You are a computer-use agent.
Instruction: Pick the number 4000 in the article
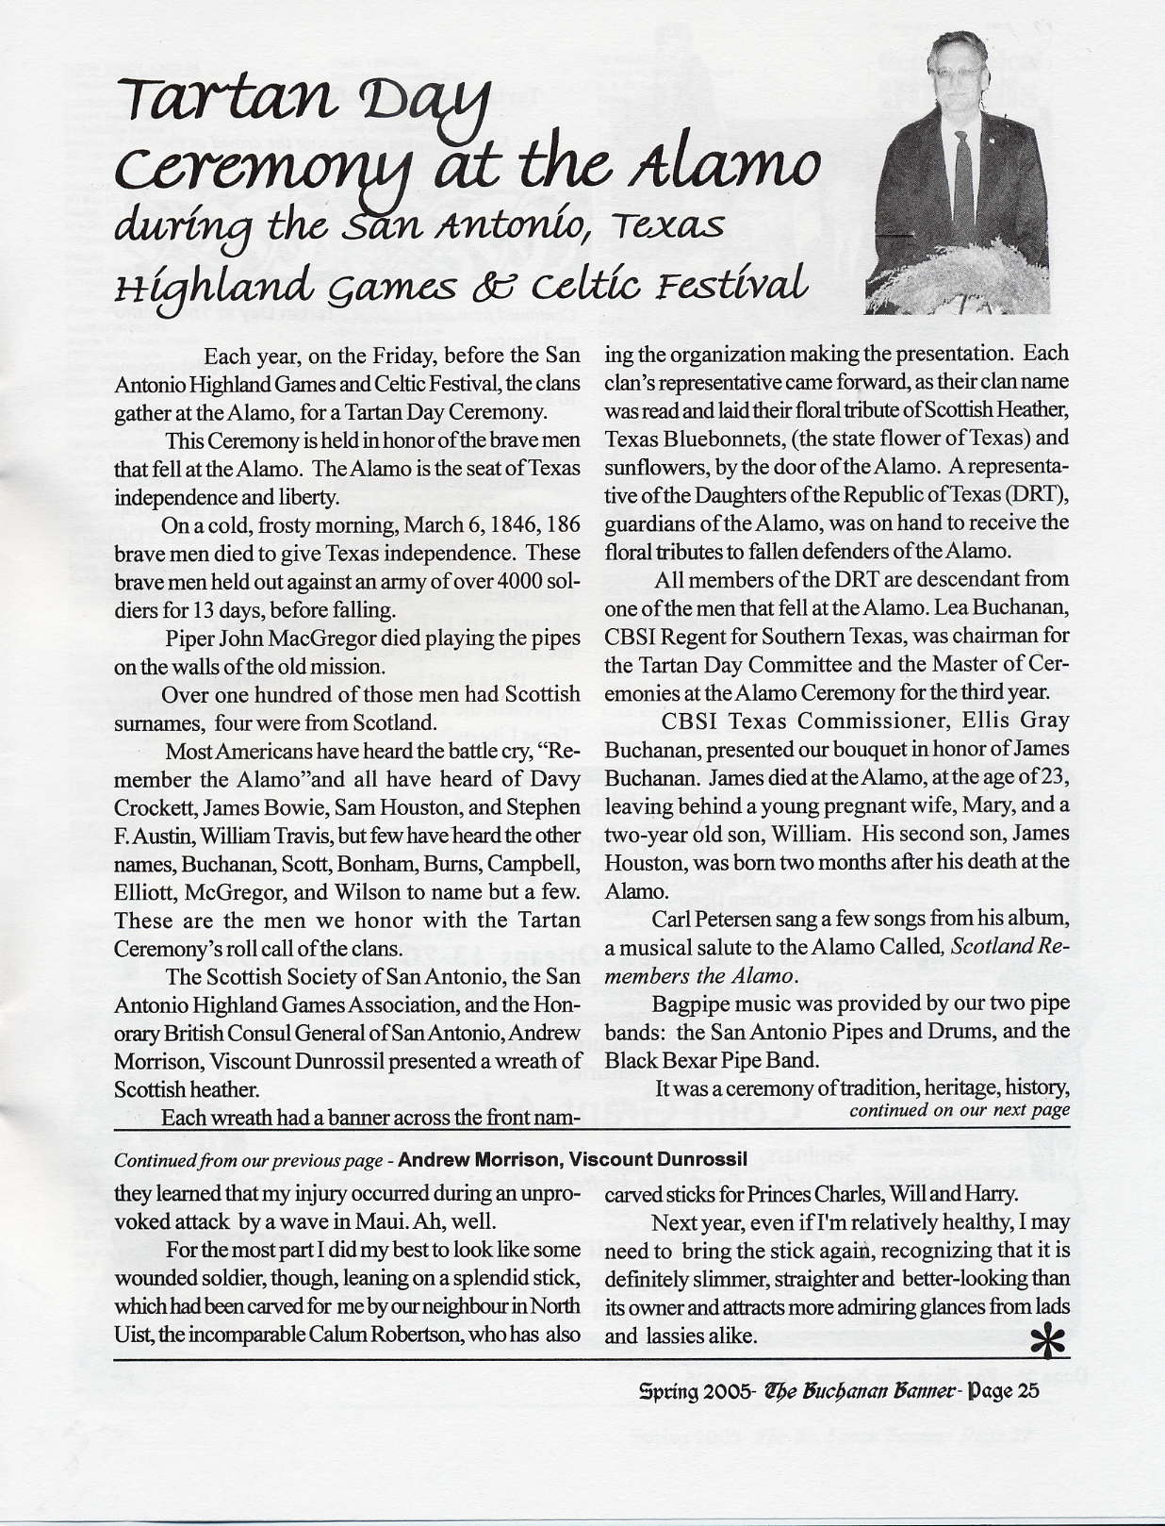(509, 581)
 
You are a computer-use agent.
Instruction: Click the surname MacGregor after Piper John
(321, 638)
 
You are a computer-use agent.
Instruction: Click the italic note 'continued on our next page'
(960, 1110)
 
